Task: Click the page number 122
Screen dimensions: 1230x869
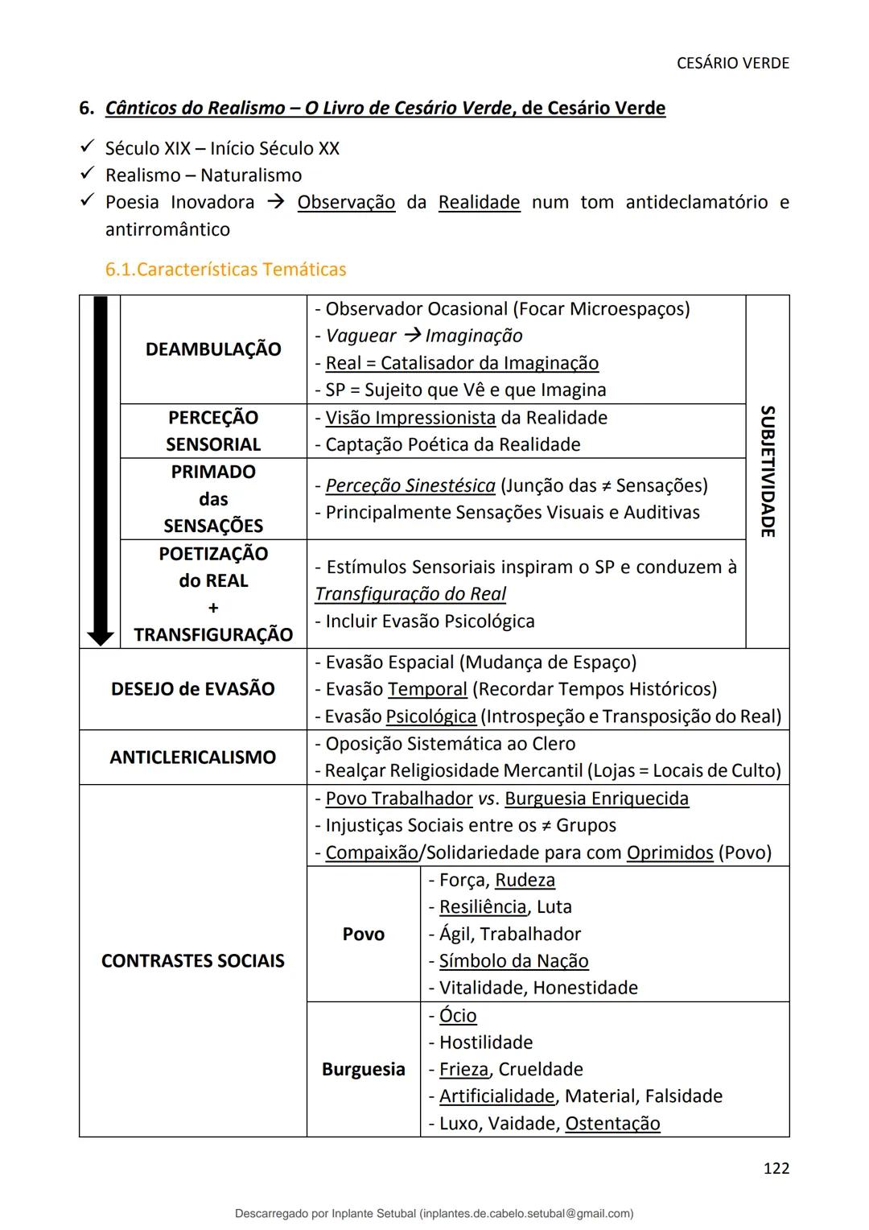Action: click(776, 1168)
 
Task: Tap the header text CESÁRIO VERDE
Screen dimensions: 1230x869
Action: click(732, 63)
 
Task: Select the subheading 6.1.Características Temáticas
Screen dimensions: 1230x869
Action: click(225, 270)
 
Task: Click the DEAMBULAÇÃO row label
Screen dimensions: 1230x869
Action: click(213, 349)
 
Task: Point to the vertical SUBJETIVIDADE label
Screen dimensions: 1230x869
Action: click(768, 471)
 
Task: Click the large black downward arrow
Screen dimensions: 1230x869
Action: click(101, 471)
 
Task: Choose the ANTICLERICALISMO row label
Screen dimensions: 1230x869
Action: click(192, 757)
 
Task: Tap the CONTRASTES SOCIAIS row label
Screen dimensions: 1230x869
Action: click(192, 961)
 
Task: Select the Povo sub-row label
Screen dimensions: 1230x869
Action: click(363, 934)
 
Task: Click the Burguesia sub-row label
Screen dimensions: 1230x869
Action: click(363, 1069)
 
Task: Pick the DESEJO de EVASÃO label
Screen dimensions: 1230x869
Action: click(192, 689)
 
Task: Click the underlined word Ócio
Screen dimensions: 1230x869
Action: click(458, 1016)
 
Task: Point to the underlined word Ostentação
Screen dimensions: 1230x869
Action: click(612, 1124)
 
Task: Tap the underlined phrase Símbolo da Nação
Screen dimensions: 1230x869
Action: click(513, 961)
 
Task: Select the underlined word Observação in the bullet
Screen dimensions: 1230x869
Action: click(346, 202)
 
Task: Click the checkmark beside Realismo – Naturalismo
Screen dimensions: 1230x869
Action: click(88, 175)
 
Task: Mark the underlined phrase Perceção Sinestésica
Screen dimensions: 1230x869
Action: click(410, 486)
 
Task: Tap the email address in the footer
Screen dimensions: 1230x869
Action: click(526, 1213)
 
